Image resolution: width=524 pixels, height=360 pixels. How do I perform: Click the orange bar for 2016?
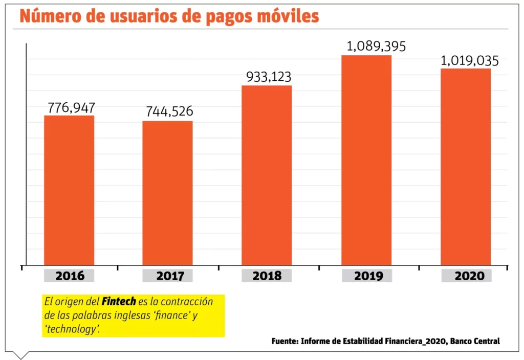tap(69, 190)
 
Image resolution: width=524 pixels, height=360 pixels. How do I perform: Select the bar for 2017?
tap(167, 193)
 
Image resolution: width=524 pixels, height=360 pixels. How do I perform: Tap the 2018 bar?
tap(267, 175)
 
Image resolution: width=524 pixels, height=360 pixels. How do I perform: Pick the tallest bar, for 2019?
tap(366, 160)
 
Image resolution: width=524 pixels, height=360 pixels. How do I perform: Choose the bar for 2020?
tap(466, 167)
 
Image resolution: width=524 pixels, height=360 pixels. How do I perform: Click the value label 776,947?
tap(71, 108)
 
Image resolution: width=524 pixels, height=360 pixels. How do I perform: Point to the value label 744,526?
tap(169, 112)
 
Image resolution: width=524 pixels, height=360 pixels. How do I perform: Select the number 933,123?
tap(269, 77)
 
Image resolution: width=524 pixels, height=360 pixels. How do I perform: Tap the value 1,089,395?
tap(376, 46)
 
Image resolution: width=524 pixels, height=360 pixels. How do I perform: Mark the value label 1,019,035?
tap(469, 61)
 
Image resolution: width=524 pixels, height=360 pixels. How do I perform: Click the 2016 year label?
tap(70, 276)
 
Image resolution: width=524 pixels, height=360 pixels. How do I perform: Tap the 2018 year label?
tap(267, 276)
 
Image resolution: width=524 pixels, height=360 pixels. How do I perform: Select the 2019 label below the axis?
tap(367, 276)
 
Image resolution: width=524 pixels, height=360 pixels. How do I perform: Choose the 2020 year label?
tap(466, 276)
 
